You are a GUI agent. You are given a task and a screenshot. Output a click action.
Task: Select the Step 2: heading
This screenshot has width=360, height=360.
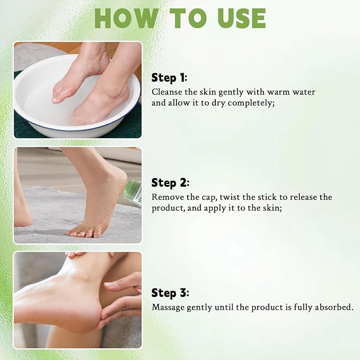[170, 183]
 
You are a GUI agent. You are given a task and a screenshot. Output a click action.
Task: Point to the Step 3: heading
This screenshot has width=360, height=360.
[170, 293]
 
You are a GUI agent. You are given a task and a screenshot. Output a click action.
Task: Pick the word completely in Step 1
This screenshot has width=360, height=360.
[254, 103]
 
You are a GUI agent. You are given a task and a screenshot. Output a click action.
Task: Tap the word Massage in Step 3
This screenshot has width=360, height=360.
[169, 307]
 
